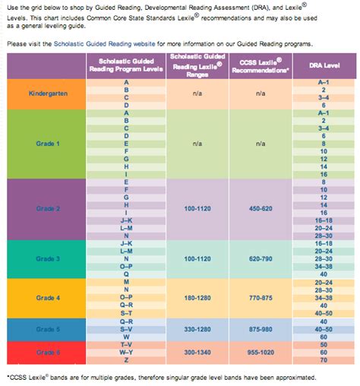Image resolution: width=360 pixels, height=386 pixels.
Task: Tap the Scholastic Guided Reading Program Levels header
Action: [125, 65]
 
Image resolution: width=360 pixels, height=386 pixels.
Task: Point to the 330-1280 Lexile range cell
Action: [196, 330]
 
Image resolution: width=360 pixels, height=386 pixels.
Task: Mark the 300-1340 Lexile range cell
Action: [196, 353]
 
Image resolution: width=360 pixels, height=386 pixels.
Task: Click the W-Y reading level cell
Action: [125, 353]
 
